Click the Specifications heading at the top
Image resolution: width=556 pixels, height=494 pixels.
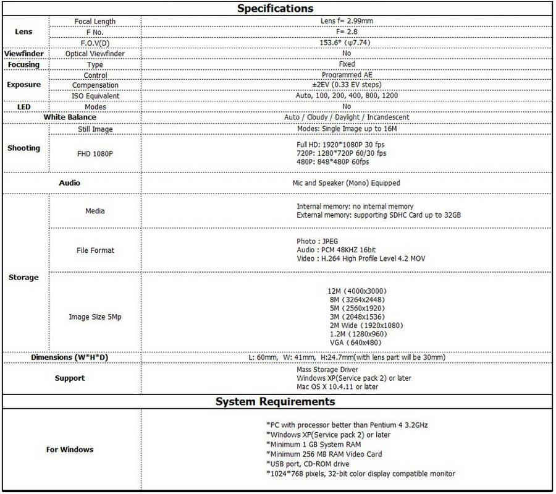tap(276, 9)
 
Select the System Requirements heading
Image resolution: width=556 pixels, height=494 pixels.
tap(276, 402)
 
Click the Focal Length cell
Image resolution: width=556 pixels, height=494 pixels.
tap(95, 21)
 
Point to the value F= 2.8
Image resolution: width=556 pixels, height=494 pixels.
tap(347, 32)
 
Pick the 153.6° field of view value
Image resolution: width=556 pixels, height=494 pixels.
tap(347, 42)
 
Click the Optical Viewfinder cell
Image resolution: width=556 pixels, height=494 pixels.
tap(95, 54)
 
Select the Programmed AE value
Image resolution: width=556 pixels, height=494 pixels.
tap(347, 75)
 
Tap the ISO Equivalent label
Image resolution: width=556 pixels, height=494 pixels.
tap(95, 96)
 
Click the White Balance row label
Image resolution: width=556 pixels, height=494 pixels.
tap(70, 117)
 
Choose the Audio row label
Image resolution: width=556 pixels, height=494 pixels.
tap(70, 183)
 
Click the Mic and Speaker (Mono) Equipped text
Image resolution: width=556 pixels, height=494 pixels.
tap(346, 183)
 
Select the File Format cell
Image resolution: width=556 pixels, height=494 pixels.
tap(95, 250)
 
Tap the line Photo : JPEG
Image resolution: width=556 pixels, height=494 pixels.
tap(317, 241)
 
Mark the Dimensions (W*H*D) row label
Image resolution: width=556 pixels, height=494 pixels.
tap(70, 357)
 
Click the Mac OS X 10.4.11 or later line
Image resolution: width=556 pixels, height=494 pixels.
tap(337, 386)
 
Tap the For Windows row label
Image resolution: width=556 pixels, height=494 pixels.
tap(70, 449)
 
